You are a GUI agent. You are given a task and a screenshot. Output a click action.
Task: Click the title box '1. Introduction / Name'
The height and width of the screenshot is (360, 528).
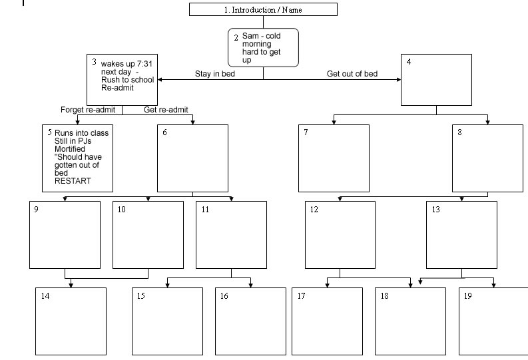(263, 9)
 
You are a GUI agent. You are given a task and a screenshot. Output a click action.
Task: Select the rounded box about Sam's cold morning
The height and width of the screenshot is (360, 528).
(263, 47)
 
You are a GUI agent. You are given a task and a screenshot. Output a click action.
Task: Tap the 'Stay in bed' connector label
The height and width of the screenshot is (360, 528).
(214, 74)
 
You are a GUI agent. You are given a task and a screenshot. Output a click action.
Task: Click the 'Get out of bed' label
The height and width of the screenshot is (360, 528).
(352, 74)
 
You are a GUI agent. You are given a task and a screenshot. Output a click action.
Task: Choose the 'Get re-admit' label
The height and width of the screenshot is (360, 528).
(170, 110)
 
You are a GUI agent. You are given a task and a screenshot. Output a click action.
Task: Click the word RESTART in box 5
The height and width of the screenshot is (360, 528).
(73, 181)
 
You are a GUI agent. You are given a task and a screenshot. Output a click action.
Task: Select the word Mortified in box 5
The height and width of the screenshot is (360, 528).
(70, 149)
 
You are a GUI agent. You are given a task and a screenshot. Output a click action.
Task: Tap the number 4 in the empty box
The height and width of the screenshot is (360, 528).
(409, 62)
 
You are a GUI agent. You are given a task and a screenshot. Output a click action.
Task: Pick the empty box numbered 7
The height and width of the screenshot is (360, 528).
(333, 158)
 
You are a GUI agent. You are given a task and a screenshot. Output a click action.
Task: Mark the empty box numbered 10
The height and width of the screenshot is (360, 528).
(148, 234)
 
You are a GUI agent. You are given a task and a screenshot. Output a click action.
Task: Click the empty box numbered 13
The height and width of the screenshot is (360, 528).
(461, 234)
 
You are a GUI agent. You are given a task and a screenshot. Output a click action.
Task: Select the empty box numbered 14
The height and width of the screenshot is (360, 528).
(71, 321)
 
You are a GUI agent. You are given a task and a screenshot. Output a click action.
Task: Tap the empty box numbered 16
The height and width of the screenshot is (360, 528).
(250, 321)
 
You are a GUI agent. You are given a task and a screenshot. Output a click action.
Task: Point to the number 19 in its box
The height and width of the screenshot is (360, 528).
(467, 296)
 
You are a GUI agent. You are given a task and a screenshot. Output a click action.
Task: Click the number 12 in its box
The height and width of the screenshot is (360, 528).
(314, 210)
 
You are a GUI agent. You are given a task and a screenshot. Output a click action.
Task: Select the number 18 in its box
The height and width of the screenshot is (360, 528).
(384, 296)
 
